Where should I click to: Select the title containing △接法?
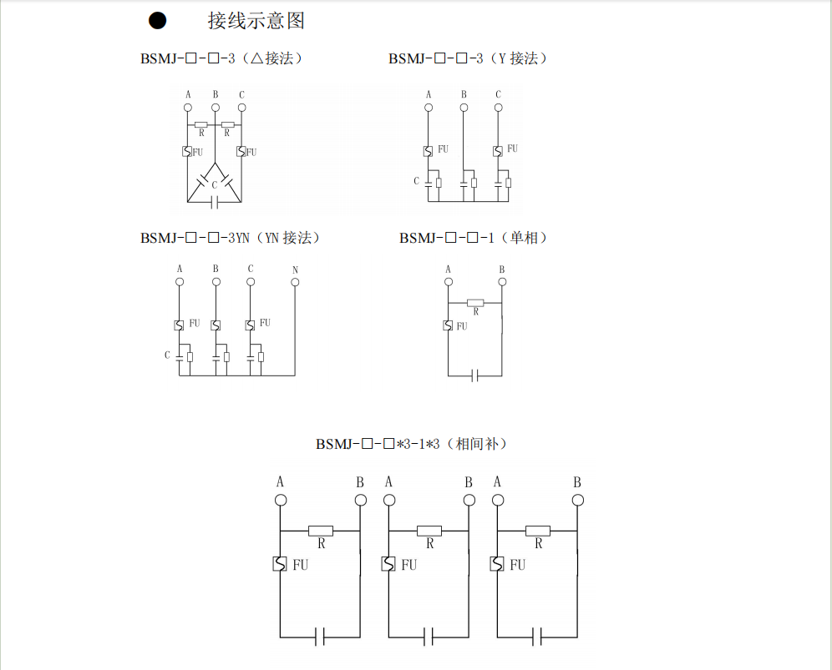(x=221, y=59)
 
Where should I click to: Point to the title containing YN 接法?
(x=231, y=239)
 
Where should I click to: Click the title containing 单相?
(x=474, y=239)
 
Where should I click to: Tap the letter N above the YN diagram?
(x=295, y=270)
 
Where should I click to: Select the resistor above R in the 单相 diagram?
(x=475, y=302)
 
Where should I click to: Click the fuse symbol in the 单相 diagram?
(x=449, y=325)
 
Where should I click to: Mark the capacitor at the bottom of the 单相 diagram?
(x=474, y=375)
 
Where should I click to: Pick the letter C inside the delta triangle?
(x=215, y=184)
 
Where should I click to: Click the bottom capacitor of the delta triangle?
(x=216, y=202)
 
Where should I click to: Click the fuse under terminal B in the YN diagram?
(x=216, y=325)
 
